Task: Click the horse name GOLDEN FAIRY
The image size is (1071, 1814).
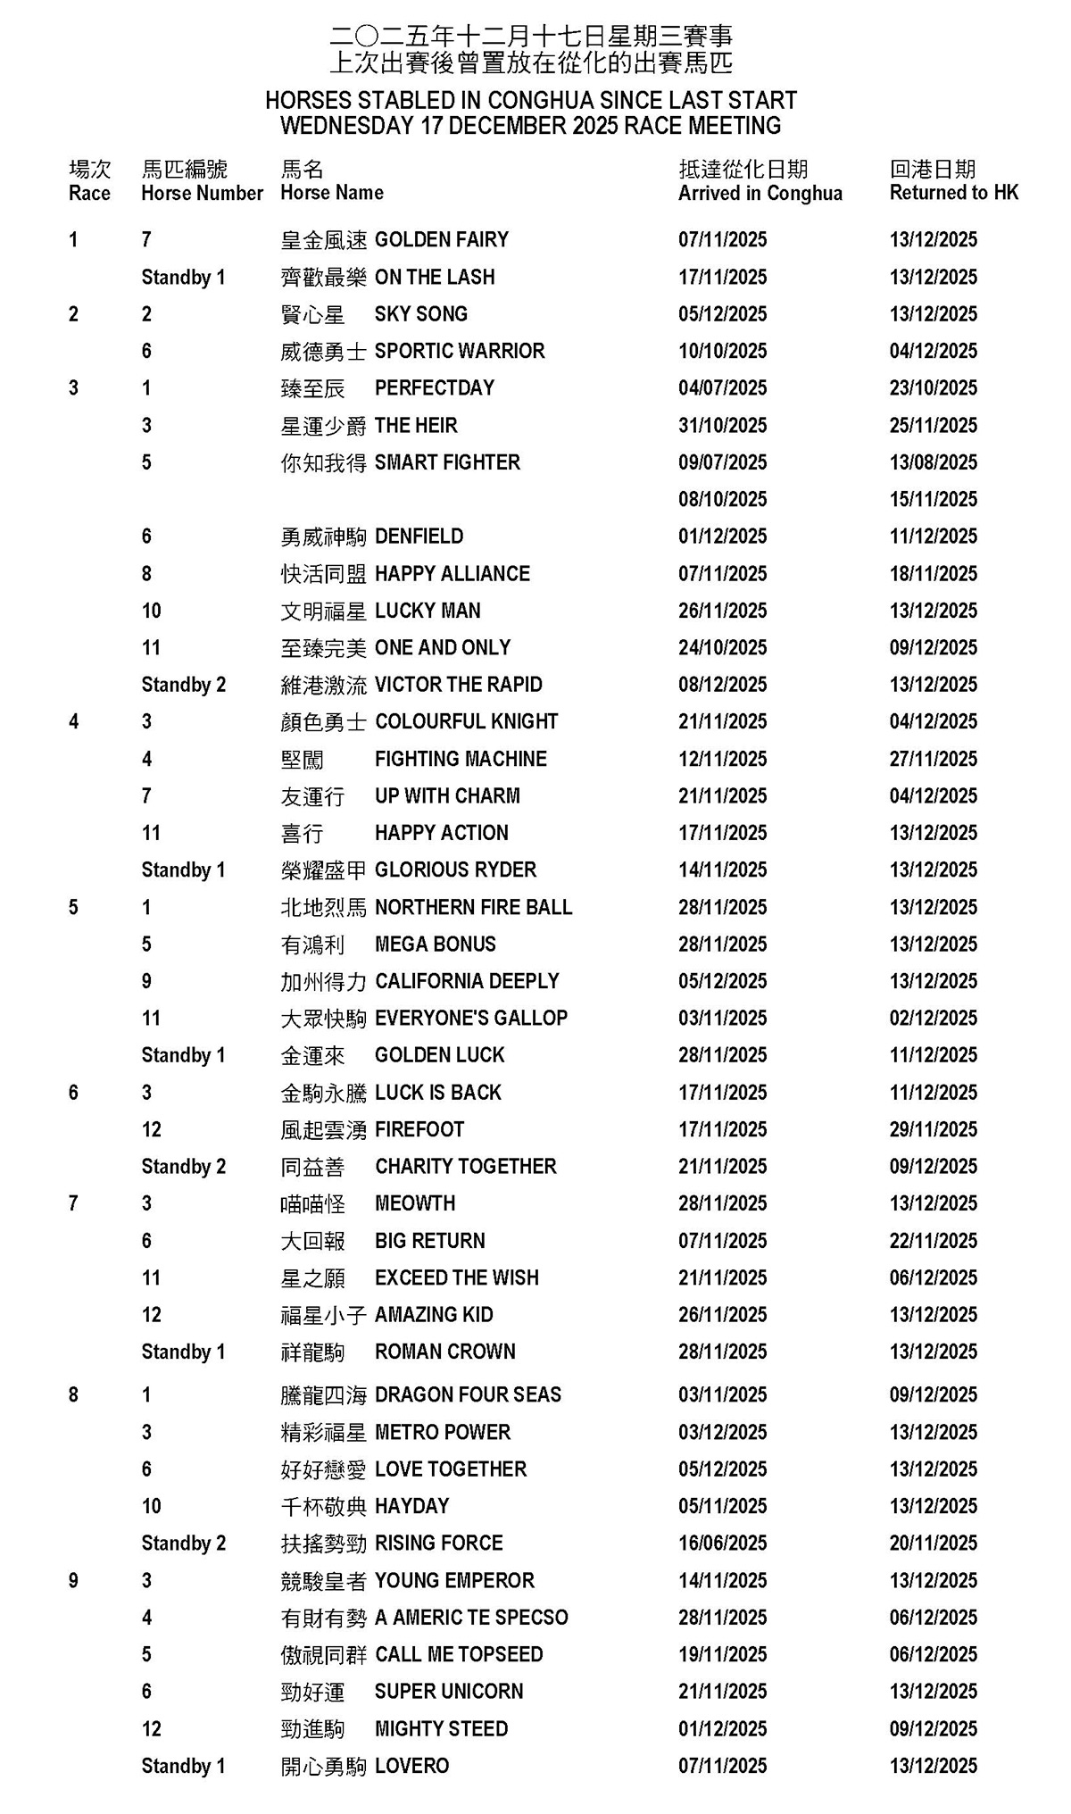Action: pyautogui.click(x=441, y=240)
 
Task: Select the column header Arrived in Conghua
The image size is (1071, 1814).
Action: pyautogui.click(x=760, y=194)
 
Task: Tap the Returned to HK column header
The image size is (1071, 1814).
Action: pyautogui.click(x=953, y=193)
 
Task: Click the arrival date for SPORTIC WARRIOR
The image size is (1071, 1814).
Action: pyautogui.click(x=722, y=352)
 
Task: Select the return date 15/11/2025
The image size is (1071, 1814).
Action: pyautogui.click(x=933, y=500)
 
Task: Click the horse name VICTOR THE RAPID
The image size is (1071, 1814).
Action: pyautogui.click(x=458, y=685)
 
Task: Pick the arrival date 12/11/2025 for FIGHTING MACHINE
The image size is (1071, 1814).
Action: pyautogui.click(x=722, y=759)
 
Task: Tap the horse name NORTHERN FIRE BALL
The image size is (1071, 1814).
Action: pyautogui.click(x=473, y=907)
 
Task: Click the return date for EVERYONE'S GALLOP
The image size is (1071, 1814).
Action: pyautogui.click(x=933, y=1019)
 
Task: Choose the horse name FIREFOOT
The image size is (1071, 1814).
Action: pyautogui.click(x=419, y=1129)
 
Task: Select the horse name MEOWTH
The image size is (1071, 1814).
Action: pyautogui.click(x=415, y=1203)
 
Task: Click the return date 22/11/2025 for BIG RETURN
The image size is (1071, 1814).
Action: pyautogui.click(x=933, y=1241)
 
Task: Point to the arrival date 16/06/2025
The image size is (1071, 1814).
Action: pyautogui.click(x=722, y=1544)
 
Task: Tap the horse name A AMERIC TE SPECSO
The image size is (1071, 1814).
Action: pyautogui.click(x=471, y=1618)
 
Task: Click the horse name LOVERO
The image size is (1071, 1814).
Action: pyautogui.click(x=411, y=1766)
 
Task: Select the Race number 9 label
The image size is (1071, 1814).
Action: pyautogui.click(x=73, y=1581)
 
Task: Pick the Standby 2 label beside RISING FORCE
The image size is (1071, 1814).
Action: pyautogui.click(x=183, y=1544)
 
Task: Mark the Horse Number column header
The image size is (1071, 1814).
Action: pyautogui.click(x=202, y=194)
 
